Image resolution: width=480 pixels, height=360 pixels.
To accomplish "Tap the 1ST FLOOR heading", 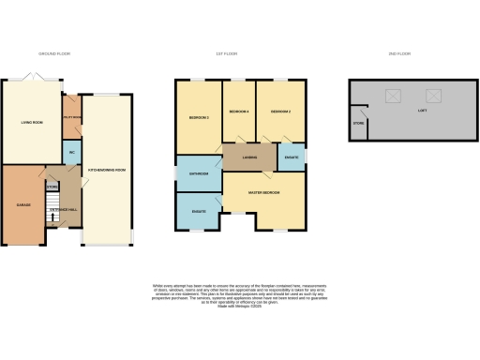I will click(240, 54).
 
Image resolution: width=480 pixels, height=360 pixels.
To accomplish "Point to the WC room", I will click(70, 153).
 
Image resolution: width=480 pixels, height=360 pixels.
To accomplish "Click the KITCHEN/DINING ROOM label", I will click(107, 170).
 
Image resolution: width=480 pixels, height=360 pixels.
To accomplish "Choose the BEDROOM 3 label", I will click(197, 117).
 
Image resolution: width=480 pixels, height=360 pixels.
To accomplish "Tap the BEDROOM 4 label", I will click(239, 112).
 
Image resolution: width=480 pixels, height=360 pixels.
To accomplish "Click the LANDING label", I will click(249, 157).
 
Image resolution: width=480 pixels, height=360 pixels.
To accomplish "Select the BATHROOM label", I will click(199, 173).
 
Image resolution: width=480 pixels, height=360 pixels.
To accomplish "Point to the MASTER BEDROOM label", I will click(263, 192).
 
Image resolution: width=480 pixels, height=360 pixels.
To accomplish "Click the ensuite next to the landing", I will click(291, 157).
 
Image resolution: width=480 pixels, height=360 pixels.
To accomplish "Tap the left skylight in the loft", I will click(392, 95).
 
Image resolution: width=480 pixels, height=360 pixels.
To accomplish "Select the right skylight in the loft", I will click(433, 95).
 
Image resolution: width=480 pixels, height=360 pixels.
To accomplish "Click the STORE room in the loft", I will click(358, 123).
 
